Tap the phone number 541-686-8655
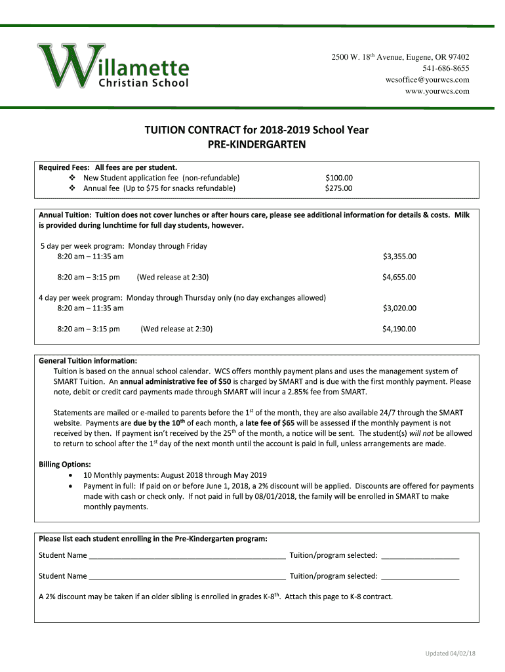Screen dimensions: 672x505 [x=447, y=68]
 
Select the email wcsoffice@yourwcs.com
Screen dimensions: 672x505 [x=427, y=79]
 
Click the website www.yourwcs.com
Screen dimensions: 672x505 [x=437, y=91]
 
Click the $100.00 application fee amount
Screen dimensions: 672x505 [x=339, y=178]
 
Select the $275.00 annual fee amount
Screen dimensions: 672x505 [x=339, y=188]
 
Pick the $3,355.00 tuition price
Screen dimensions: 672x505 [x=399, y=257]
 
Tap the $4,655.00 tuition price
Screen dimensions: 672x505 [x=399, y=277]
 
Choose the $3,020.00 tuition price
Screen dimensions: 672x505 [x=399, y=308]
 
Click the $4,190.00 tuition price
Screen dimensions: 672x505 [x=399, y=329]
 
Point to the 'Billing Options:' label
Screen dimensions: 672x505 [x=65, y=465]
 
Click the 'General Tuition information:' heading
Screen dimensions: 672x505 [x=88, y=360]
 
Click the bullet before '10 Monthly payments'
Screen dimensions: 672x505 [x=71, y=476]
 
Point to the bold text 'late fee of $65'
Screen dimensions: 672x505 [x=269, y=423]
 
